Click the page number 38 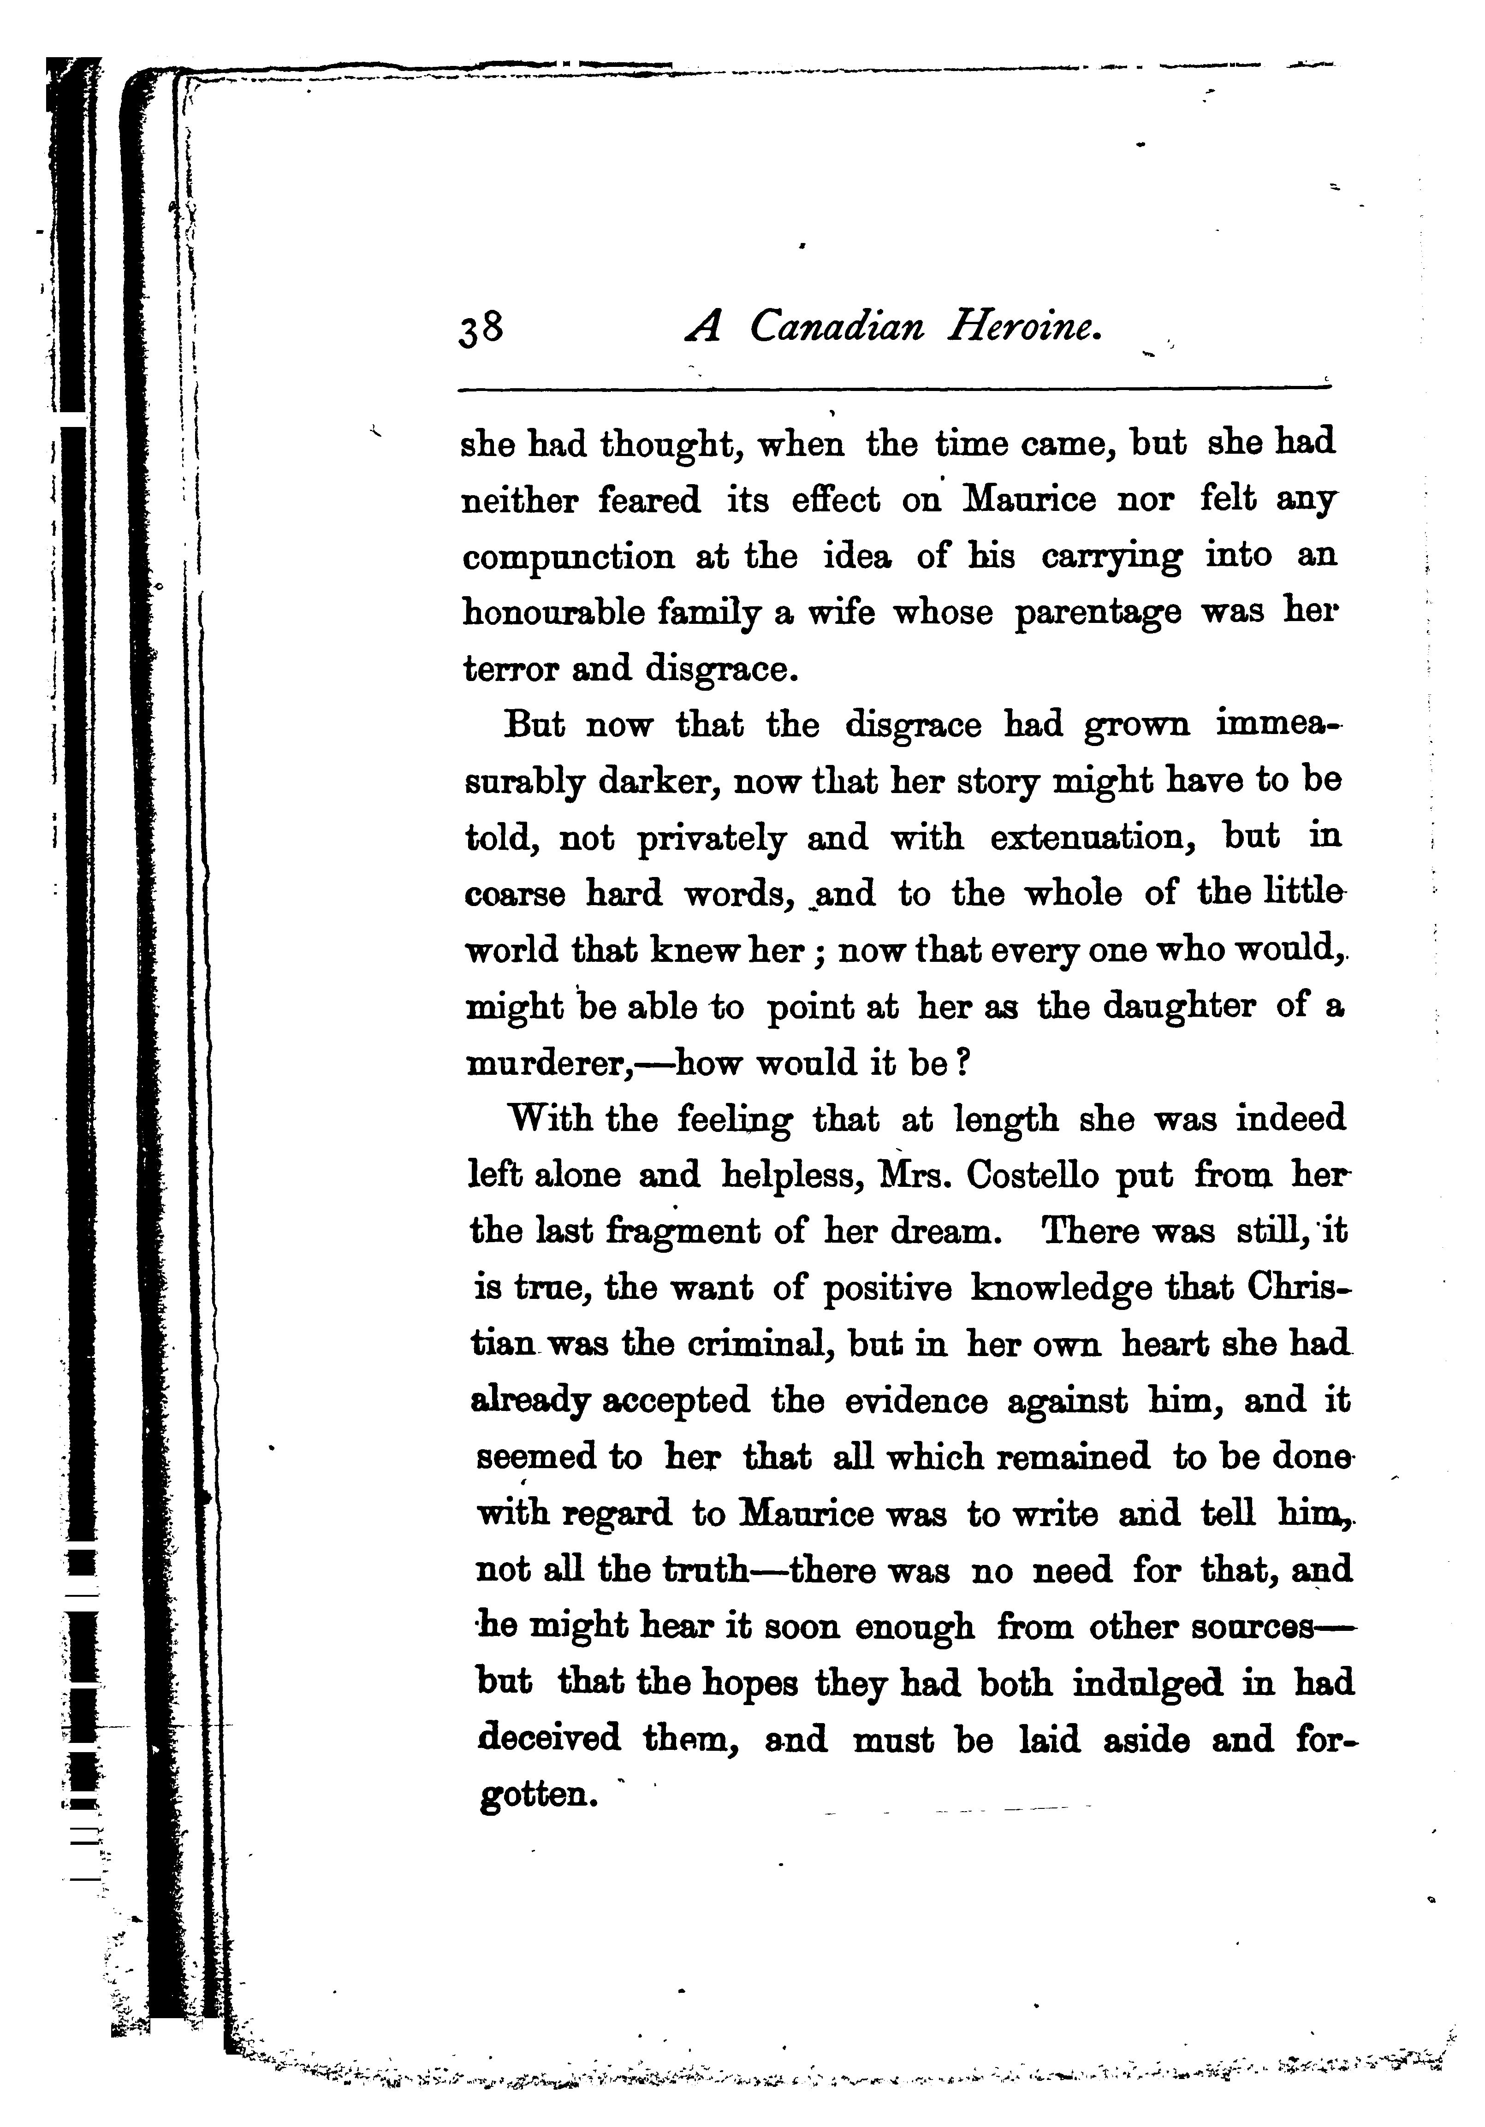tap(481, 328)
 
